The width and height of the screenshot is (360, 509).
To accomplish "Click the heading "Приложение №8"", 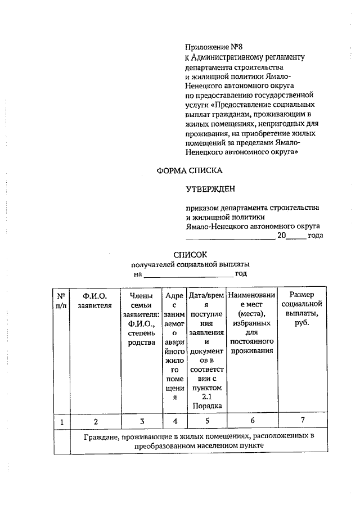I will (217, 47).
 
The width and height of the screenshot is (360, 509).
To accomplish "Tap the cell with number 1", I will (61, 421).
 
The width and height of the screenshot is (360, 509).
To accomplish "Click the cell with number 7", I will (303, 420).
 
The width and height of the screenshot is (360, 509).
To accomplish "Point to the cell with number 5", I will (207, 421).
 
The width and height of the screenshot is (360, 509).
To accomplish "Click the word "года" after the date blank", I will (315, 236).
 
